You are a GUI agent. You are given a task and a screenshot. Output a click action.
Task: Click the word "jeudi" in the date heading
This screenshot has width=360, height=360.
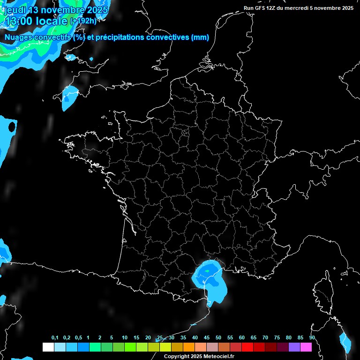click(x=15, y=10)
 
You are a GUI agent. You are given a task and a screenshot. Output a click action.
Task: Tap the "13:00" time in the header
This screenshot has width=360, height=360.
click(x=19, y=21)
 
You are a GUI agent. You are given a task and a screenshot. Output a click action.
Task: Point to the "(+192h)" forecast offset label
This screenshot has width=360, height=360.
click(x=83, y=21)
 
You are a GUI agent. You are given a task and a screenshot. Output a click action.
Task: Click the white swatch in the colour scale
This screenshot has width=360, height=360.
click(x=48, y=347)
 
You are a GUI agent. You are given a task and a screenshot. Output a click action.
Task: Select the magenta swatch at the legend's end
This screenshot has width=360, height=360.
click(x=306, y=347)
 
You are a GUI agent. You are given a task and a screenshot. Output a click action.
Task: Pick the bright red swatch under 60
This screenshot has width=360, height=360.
click(x=247, y=347)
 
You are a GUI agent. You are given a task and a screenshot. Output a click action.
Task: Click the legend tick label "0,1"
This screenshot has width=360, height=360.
click(x=55, y=338)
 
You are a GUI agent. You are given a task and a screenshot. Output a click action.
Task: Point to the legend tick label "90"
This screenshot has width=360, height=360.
click(x=312, y=338)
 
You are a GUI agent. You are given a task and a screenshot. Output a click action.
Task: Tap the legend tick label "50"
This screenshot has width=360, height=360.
click(x=218, y=338)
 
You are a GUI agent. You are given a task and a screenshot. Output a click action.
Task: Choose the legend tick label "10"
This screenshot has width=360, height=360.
click(x=124, y=338)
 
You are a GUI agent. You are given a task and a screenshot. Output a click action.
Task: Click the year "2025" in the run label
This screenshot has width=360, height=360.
click(x=346, y=8)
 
